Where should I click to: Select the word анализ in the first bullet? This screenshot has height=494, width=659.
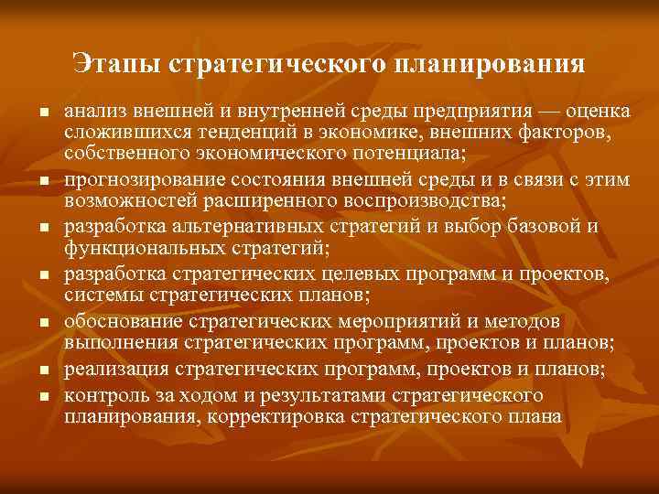(x=96, y=112)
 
